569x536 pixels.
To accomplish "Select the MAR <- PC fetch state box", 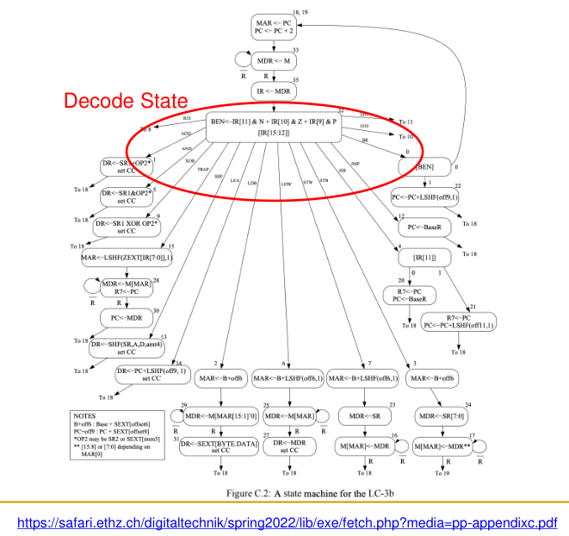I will pyautogui.click(x=275, y=26).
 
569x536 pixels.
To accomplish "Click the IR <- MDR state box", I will pyautogui.click(x=273, y=90).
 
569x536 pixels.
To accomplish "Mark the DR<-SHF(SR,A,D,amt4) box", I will pyautogui.click(x=127, y=347).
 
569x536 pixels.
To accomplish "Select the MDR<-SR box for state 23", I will pyautogui.click(x=364, y=415).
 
